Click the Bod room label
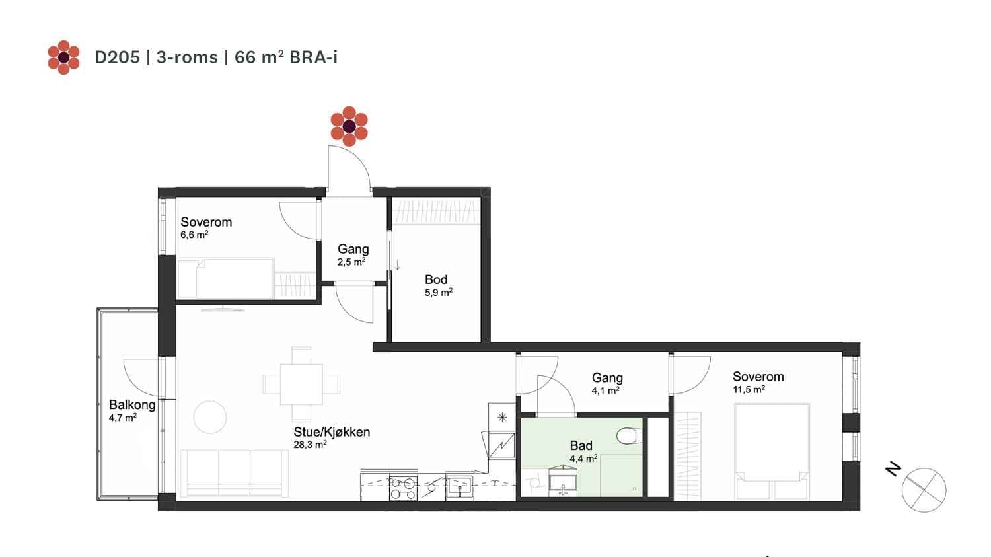(436, 279)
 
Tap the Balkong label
(132, 405)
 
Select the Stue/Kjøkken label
(332, 432)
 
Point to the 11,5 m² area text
(749, 390)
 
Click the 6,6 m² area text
(194, 235)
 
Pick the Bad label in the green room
(581, 445)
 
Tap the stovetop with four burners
(403, 488)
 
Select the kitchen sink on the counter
(459, 488)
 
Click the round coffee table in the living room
(210, 417)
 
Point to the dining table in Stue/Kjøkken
(301, 384)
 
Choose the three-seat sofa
(234, 473)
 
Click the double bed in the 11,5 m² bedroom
(772, 452)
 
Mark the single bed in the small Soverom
(226, 279)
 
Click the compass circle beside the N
(924, 490)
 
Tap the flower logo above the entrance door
(349, 126)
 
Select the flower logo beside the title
(63, 57)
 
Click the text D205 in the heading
(117, 57)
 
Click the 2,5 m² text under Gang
(351, 262)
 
